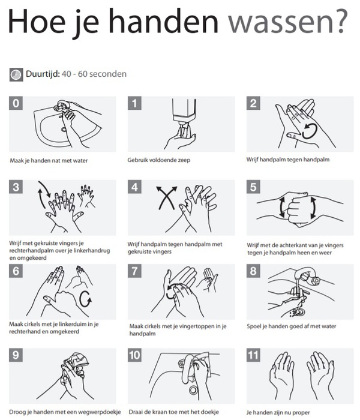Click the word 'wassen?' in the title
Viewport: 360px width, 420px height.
[287, 22]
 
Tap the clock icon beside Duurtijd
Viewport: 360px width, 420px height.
[16, 74]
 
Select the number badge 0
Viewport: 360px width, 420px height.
[16, 103]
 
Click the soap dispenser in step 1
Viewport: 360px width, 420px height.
[184, 114]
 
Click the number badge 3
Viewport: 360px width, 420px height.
[16, 187]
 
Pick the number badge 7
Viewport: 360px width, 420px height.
[134, 271]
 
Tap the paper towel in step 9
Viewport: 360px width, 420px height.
[76, 362]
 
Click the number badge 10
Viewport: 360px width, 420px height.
[134, 355]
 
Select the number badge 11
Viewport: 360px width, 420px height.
[253, 355]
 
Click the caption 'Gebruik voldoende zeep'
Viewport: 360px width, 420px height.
[159, 160]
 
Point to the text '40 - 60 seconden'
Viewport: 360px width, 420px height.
[94, 74]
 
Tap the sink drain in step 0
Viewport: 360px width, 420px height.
[64, 130]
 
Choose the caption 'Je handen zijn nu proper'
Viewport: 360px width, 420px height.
[278, 413]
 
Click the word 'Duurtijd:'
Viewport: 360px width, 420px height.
[43, 74]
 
